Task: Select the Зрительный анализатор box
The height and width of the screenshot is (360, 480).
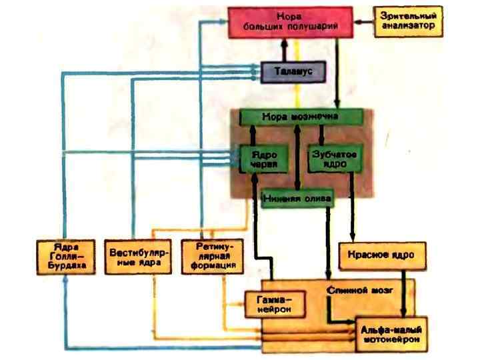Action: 407,21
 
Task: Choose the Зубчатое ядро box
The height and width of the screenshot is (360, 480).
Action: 330,158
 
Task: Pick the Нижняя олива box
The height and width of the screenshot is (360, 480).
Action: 297,199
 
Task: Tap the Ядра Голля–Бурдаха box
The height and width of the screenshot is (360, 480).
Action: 64,257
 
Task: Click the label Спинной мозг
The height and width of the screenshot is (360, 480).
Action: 351,291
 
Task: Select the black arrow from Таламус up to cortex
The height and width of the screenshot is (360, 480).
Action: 284,49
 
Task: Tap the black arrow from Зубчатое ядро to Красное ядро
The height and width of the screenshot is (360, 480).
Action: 351,207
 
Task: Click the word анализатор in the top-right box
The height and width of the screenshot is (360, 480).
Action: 407,27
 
